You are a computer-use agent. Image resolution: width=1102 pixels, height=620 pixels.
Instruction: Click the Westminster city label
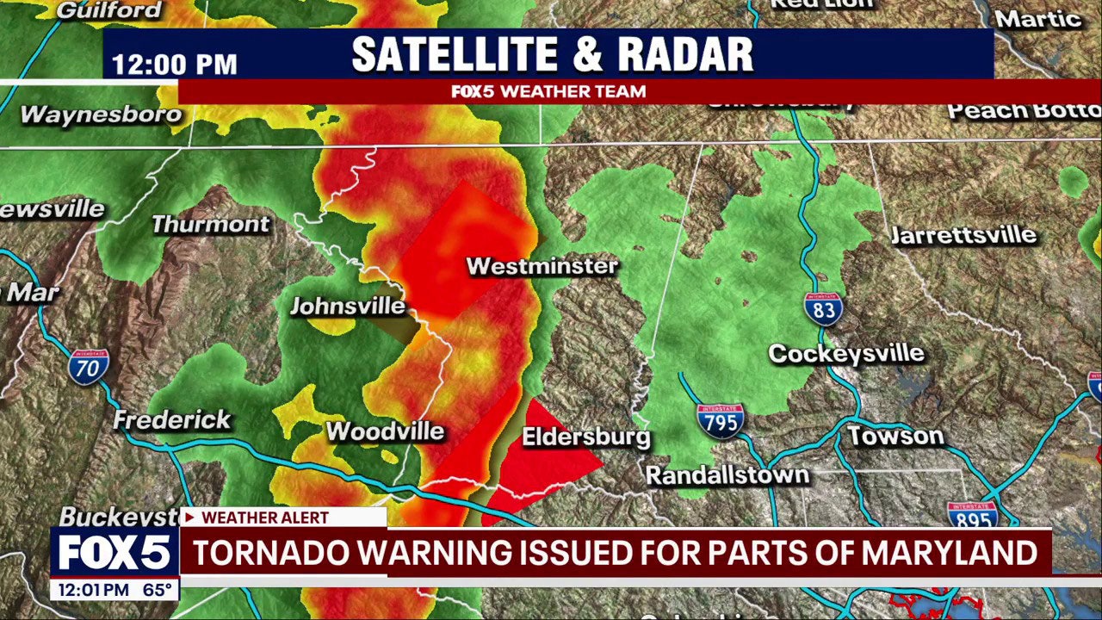tap(542, 266)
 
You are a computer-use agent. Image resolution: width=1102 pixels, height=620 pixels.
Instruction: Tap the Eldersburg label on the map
tap(585, 437)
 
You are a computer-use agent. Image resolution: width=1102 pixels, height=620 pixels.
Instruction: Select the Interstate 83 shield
tap(823, 309)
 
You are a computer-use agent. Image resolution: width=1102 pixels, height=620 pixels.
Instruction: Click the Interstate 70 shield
tap(89, 367)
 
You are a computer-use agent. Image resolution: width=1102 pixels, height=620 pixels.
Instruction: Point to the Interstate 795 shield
tap(720, 421)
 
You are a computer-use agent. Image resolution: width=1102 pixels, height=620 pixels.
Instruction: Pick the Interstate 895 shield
tap(972, 514)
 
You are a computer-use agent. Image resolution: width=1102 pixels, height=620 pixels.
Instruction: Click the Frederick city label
tap(172, 420)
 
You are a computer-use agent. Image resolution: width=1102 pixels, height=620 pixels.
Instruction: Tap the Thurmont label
tap(210, 225)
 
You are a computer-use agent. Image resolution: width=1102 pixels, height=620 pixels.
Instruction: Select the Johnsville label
tap(347, 306)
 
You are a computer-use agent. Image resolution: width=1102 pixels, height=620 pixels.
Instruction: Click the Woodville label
tap(385, 431)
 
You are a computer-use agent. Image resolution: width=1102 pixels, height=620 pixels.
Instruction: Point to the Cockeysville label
tap(845, 354)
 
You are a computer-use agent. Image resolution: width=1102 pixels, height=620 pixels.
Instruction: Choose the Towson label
tap(895, 436)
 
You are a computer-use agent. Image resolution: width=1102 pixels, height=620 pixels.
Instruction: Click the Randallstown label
tap(727, 474)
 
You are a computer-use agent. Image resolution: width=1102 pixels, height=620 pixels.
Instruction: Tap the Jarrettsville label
tap(963, 235)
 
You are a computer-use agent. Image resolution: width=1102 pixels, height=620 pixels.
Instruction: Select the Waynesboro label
tap(101, 115)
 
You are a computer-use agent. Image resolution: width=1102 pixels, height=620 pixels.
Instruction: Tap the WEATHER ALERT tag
tap(264, 518)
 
